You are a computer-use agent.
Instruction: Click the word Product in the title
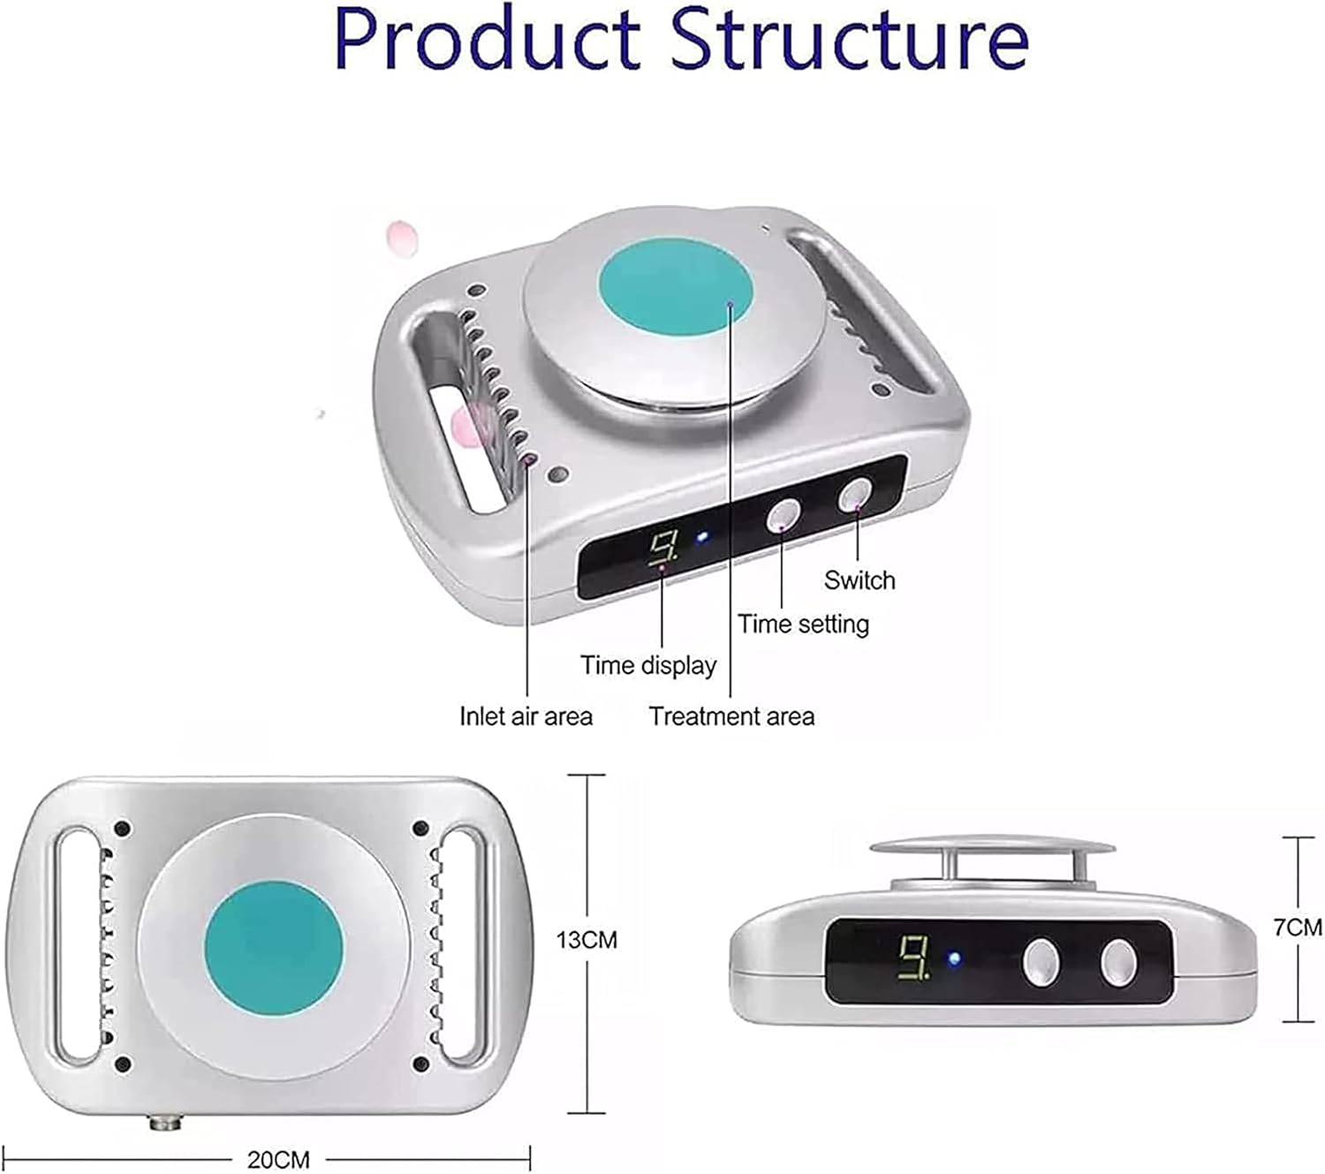point(487,40)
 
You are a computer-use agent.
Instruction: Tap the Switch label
point(859,580)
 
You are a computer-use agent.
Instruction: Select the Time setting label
point(804,625)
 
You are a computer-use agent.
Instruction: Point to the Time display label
point(647,665)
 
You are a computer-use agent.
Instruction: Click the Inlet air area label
point(526,716)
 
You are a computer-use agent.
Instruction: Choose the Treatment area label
point(731,716)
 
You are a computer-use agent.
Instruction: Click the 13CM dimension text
point(587,940)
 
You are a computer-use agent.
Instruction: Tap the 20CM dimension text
point(277,1159)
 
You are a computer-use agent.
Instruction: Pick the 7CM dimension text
point(1298,928)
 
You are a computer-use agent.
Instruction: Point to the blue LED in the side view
point(954,959)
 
